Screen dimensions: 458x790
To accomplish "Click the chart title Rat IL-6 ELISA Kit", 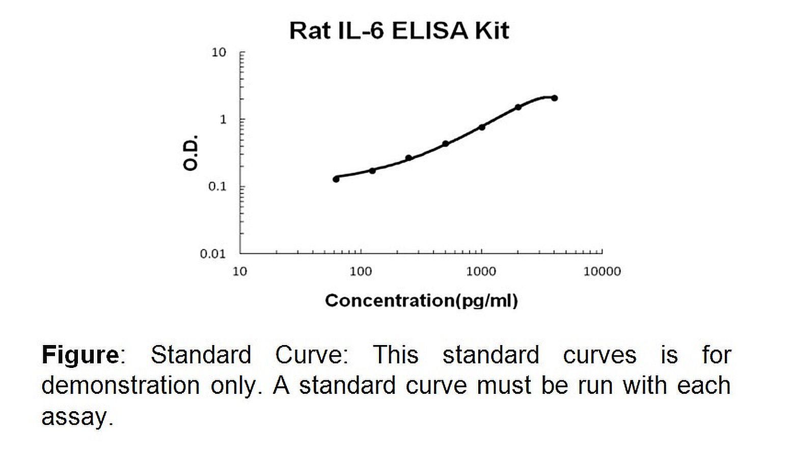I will [399, 31].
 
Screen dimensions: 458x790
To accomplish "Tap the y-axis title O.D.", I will [191, 153].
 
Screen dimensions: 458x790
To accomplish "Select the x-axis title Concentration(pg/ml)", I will [421, 300].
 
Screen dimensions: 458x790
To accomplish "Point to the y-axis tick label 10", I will [219, 52].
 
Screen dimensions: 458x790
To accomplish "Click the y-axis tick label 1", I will [223, 120].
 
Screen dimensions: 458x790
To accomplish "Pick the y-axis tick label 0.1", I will [217, 187].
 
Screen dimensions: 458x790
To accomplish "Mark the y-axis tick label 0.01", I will [213, 254].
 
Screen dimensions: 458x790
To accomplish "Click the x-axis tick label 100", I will [361, 271].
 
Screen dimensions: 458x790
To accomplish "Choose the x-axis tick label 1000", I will [481, 271].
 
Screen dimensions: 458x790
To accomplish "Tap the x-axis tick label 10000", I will [602, 271].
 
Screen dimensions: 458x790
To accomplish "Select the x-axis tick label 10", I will [240, 271].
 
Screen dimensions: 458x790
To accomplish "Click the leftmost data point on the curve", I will [336, 179].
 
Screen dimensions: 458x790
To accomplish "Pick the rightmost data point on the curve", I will [554, 98].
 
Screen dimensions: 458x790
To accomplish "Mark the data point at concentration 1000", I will [482, 127].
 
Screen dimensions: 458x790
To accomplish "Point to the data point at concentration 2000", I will [518, 107].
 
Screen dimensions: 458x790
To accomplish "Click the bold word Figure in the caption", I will [80, 354].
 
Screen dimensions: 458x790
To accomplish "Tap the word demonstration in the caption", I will [120, 385].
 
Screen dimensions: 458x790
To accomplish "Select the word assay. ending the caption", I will [76, 417].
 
